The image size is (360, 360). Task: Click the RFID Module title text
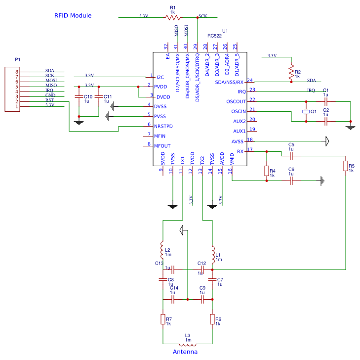click(73, 16)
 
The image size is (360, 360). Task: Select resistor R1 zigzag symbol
click(173, 17)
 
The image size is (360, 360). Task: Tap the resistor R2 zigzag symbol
click(291, 72)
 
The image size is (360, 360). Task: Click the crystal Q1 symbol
click(306, 111)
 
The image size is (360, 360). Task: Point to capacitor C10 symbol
click(79, 97)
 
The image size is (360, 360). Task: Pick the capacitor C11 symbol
click(99, 97)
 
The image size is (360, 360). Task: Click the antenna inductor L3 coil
click(188, 344)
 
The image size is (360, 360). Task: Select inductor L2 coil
click(162, 250)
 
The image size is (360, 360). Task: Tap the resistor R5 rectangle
click(346, 166)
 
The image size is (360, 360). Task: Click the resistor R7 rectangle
click(163, 319)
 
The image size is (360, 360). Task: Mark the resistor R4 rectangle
click(267, 171)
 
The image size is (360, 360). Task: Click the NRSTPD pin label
click(163, 126)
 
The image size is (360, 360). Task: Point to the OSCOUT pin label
click(236, 101)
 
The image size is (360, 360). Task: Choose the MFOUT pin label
click(162, 146)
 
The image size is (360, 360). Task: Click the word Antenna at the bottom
click(185, 352)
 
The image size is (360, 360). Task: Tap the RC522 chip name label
click(214, 36)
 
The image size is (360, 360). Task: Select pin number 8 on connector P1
click(16, 72)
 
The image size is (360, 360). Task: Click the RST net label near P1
click(49, 100)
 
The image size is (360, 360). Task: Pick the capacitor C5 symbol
click(291, 156)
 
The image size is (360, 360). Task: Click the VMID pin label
click(232, 159)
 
